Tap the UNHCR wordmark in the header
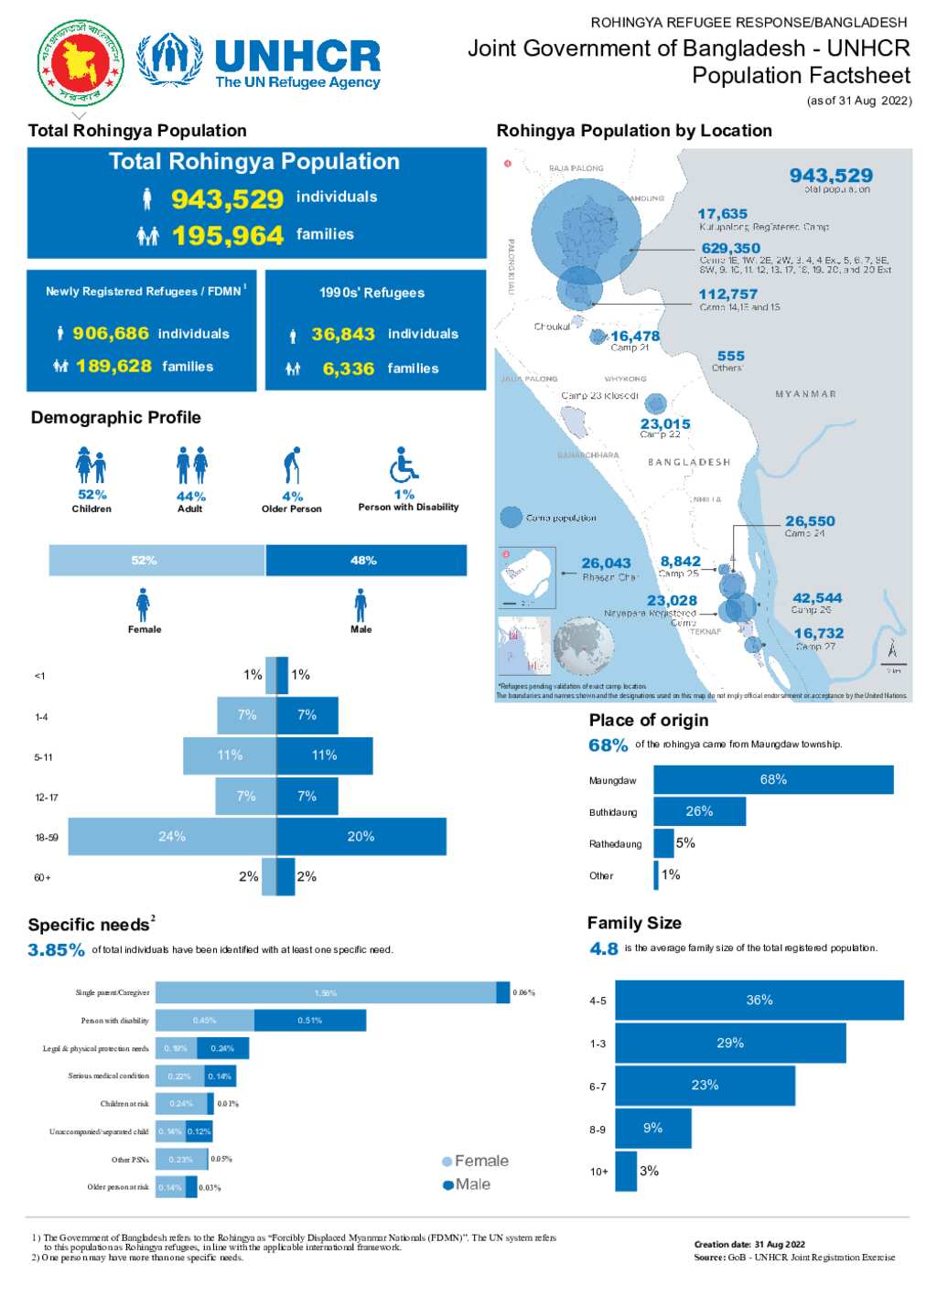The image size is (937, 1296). click(297, 56)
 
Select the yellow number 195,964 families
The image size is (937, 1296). click(228, 236)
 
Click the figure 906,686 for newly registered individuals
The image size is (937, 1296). click(111, 334)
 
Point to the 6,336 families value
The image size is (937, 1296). click(349, 369)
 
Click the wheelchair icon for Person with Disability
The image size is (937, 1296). click(404, 465)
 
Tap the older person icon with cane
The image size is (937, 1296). click(292, 466)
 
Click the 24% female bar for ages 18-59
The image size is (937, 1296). click(172, 837)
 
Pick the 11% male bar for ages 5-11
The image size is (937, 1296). click(325, 756)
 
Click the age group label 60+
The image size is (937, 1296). click(43, 878)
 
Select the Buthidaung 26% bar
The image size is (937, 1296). click(699, 811)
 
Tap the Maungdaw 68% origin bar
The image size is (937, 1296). click(773, 780)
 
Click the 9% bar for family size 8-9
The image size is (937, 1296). click(652, 1129)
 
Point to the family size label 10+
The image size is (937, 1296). click(599, 1172)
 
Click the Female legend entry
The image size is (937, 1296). click(476, 1162)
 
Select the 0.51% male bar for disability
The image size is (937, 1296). click(310, 1021)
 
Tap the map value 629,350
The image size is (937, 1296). click(731, 248)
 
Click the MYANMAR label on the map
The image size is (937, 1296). click(805, 394)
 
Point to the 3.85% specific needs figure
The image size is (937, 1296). click(56, 950)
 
